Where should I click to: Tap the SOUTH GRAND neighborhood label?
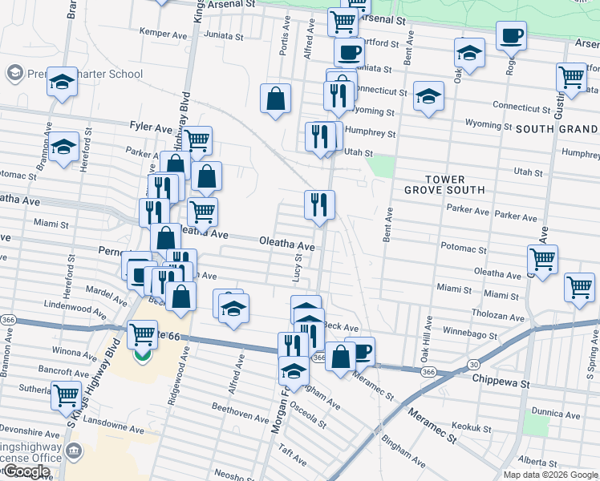pyautogui.click(x=556, y=129)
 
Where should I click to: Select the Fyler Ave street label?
pyautogui.click(x=151, y=127)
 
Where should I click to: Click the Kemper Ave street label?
pyautogui.click(x=163, y=34)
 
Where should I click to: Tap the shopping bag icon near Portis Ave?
pyautogui.click(x=275, y=99)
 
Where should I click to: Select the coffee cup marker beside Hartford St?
pyautogui.click(x=348, y=53)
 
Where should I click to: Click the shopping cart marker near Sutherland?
pyautogui.click(x=66, y=394)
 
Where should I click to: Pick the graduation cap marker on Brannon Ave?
pyautogui.click(x=63, y=148)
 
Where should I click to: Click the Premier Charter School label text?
pyautogui.click(x=85, y=75)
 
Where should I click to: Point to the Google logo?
pyautogui.click(x=26, y=471)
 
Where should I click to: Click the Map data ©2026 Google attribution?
pyautogui.click(x=549, y=475)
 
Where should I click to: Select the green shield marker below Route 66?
pyautogui.click(x=143, y=354)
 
